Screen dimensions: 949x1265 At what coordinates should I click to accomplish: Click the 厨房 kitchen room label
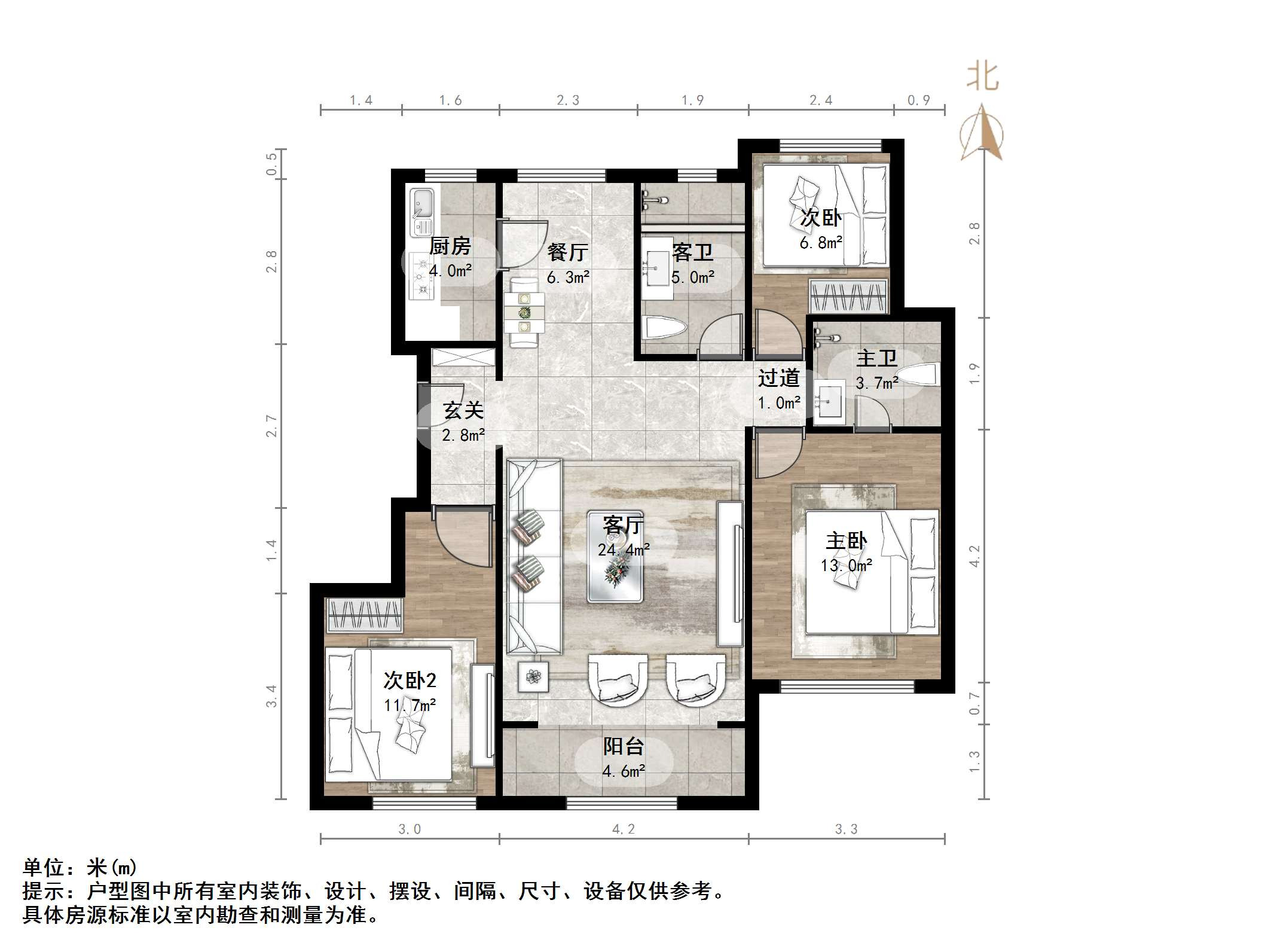pos(450,246)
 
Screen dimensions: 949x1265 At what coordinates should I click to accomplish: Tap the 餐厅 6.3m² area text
pos(568,277)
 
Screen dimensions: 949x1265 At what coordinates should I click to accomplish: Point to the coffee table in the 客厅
pos(615,556)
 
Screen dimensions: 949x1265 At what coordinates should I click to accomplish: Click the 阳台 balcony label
pos(623,746)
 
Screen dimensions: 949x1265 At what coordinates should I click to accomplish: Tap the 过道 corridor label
pos(778,378)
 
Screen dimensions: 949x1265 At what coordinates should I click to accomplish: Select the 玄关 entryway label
pos(463,410)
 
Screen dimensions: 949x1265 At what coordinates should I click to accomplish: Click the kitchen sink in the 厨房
pos(423,212)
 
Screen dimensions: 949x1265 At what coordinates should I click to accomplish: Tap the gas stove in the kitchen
pos(423,276)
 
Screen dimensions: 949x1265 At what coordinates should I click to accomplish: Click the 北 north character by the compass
pos(983,78)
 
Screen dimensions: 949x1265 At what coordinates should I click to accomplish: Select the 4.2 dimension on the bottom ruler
pos(623,829)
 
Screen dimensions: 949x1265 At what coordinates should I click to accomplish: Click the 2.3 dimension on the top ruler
pos(568,100)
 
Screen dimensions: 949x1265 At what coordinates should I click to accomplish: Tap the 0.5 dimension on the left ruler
pos(272,164)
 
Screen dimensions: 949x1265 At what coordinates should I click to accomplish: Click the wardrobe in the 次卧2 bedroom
pos(364,615)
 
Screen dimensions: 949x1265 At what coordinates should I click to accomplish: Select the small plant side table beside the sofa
pos(533,676)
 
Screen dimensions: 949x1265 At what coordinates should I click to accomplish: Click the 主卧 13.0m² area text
pos(846,565)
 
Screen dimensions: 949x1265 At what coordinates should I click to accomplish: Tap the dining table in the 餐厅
pos(524,312)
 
